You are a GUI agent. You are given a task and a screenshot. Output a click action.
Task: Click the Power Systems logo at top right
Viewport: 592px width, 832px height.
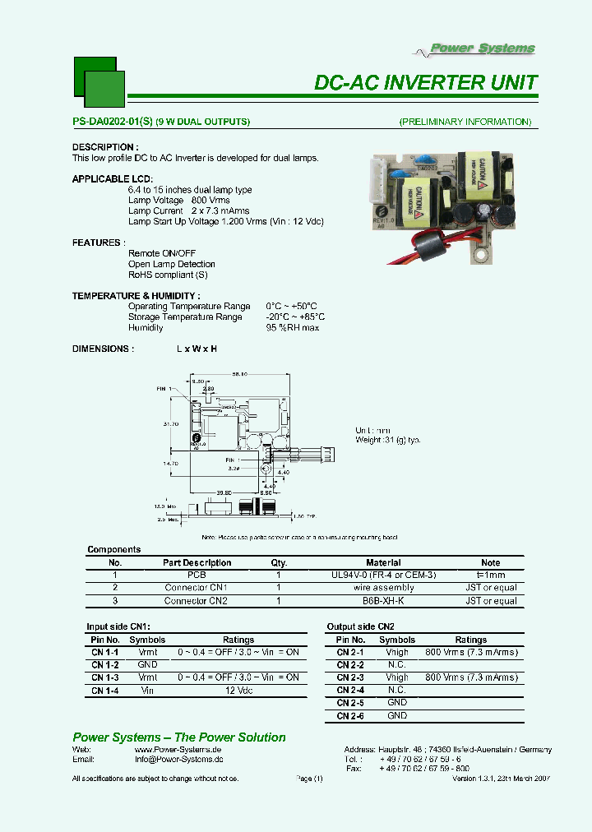[483, 49]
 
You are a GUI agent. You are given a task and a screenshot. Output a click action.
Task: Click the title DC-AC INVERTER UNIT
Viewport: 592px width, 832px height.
[426, 83]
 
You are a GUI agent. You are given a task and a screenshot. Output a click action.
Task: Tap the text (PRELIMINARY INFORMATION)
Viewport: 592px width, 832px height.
[465, 122]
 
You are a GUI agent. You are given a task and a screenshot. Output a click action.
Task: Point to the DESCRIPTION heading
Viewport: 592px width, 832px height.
[105, 147]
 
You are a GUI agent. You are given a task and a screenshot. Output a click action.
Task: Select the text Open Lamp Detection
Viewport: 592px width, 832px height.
[171, 264]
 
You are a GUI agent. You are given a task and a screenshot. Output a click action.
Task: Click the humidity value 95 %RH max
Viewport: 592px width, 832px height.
[292, 327]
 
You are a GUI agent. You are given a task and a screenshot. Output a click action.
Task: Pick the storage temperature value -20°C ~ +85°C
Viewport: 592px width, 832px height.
[294, 317]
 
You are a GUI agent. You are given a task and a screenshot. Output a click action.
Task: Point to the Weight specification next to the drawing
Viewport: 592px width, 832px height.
[387, 440]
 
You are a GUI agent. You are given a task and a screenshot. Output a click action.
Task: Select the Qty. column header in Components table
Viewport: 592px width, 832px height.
[279, 563]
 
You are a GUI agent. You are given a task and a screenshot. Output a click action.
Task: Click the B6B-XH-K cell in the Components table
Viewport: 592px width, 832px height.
[383, 601]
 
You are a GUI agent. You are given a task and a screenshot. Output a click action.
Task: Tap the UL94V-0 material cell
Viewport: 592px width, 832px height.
[383, 575]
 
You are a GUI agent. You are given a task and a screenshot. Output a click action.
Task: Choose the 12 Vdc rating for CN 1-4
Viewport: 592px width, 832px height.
[238, 691]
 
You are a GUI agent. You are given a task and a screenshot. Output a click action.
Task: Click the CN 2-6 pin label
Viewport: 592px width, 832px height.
[350, 716]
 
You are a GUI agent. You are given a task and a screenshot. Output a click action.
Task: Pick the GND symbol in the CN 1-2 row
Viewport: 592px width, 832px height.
[147, 664]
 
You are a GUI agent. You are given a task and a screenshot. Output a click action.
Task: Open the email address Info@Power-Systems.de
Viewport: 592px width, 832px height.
[178, 760]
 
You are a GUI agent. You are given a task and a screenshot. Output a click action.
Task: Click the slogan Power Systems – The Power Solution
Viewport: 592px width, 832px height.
[179, 737]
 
